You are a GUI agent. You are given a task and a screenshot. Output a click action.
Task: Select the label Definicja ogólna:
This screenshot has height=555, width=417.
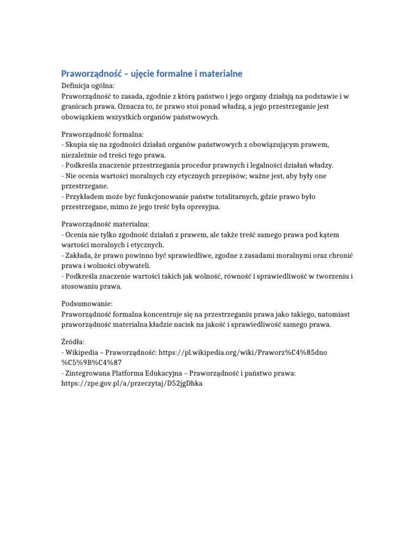pos(87,86)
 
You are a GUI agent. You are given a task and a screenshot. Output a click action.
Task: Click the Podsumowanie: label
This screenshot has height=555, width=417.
pos(86,304)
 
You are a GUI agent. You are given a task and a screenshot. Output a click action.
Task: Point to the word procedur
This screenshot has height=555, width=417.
pos(217,165)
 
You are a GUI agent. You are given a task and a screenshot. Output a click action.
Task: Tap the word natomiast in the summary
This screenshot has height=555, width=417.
pos(330,314)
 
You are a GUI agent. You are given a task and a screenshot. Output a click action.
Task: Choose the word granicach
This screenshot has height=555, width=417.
pos(77,107)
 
